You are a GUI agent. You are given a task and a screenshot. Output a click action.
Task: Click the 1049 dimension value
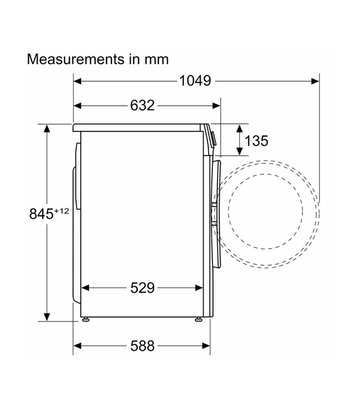195,81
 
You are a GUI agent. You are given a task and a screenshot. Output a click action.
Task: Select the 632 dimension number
142,105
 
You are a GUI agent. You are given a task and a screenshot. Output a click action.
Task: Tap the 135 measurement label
256,141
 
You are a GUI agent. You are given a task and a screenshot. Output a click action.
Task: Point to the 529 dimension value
142,288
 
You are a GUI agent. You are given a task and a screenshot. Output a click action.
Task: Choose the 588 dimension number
142,346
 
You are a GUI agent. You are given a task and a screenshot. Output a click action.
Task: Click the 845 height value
41,214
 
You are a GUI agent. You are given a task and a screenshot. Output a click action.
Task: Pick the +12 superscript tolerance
61,211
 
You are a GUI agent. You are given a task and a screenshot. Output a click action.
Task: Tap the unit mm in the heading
157,60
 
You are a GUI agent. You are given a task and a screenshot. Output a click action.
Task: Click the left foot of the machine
85,319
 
